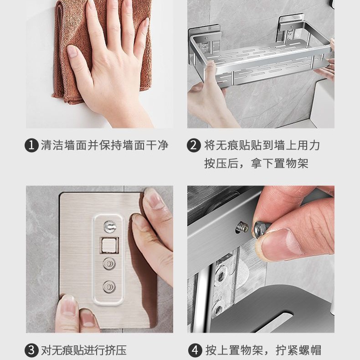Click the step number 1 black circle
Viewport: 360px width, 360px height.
point(31,145)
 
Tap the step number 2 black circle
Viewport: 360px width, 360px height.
point(194,145)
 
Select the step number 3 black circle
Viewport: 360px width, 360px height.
point(31,350)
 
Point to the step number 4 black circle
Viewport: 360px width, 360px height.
point(195,350)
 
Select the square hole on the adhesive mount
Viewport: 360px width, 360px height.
point(109,245)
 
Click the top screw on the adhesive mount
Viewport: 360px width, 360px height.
point(110,226)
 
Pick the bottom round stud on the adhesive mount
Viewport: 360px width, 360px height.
point(109,287)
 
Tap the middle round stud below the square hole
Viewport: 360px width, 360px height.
point(109,263)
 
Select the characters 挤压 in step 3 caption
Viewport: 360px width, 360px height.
point(116,350)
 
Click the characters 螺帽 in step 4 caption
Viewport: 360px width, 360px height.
point(309,350)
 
